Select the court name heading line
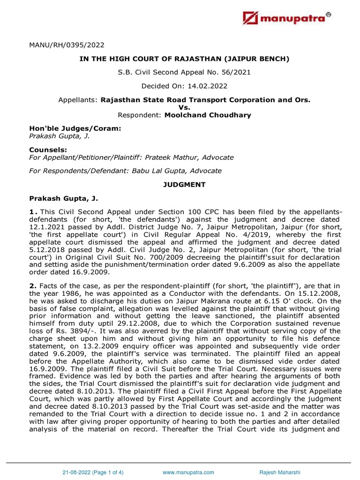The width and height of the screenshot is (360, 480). coord(180,59)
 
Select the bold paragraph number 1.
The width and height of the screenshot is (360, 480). coord(32,213)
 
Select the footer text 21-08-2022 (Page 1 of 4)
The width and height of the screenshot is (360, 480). coord(94,472)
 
